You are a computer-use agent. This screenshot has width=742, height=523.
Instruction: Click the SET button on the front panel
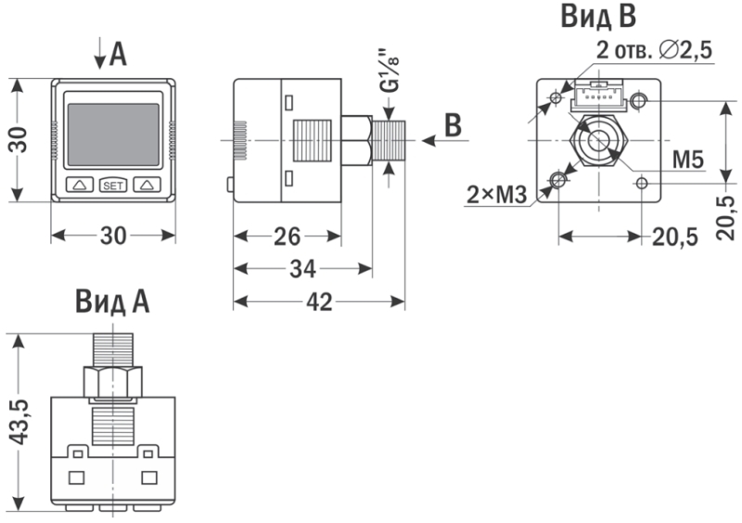[x=113, y=185]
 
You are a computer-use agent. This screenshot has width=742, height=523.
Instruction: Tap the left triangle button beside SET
[x=80, y=185]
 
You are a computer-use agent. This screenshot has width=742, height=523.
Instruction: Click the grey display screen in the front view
[x=113, y=134]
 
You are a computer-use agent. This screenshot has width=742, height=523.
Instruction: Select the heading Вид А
[x=112, y=302]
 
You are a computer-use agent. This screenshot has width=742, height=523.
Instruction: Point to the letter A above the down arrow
[x=118, y=56]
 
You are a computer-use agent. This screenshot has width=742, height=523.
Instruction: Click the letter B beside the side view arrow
[x=452, y=126]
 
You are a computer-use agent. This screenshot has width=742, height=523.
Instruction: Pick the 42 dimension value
[x=318, y=301]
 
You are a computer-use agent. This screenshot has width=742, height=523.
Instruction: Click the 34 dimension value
[x=301, y=269]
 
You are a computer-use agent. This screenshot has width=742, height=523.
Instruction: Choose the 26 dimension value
[x=286, y=236]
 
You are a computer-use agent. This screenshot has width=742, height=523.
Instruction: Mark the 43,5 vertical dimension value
[x=18, y=423]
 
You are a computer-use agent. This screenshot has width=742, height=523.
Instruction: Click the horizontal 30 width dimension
[x=113, y=236]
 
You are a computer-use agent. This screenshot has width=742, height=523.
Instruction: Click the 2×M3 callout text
[x=496, y=194]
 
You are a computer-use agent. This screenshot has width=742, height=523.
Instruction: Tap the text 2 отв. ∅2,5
[x=654, y=51]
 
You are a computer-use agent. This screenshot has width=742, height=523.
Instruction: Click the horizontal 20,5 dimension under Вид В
[x=674, y=237]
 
